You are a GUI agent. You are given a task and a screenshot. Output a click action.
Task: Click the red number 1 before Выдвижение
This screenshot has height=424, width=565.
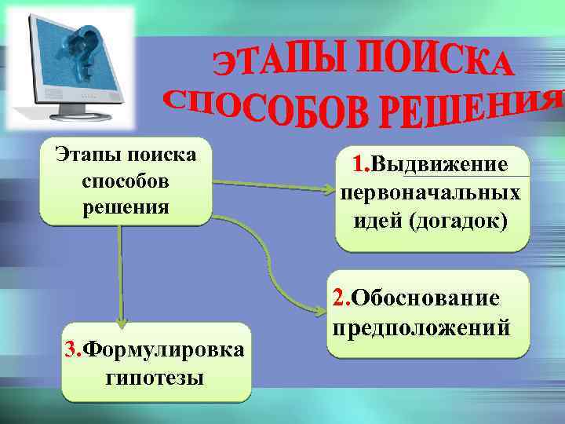coord(360,166)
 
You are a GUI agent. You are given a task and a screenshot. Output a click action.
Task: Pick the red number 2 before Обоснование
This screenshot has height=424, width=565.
coord(340,298)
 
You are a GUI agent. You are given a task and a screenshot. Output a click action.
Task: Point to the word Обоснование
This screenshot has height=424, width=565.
coord(425,298)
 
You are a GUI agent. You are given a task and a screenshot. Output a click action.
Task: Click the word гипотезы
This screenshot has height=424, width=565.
coord(154,377)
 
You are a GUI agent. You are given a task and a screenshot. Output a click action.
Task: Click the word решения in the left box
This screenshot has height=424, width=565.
coord(124,207)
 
